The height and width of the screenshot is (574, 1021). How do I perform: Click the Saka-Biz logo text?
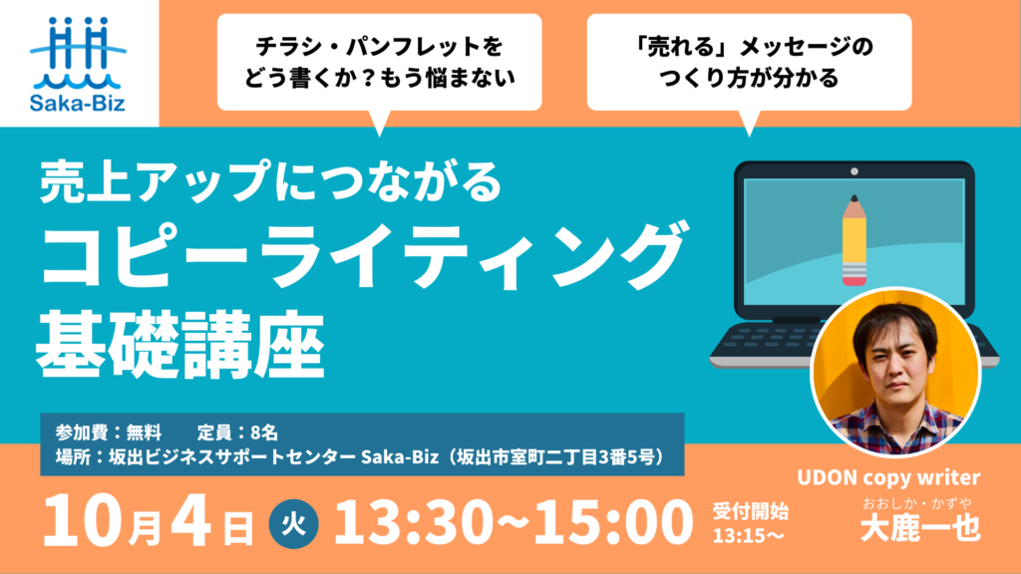pos(78,103)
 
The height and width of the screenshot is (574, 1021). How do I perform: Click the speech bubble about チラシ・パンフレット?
pos(380,63)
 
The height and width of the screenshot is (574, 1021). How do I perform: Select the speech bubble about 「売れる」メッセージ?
pos(749,63)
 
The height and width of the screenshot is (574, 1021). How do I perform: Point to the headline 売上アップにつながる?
pos(270,182)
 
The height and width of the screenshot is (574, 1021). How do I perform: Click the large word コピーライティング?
pos(362,256)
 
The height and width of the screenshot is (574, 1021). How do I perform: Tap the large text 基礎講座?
pos(180,345)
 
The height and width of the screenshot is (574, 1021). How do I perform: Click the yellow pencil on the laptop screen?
pos(854,241)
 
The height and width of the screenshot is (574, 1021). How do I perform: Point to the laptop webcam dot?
pos(854,171)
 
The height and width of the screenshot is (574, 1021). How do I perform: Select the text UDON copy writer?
pos(888,477)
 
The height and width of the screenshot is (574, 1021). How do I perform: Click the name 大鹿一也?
pos(920,528)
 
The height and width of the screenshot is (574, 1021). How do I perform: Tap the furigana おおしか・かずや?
pos(917,503)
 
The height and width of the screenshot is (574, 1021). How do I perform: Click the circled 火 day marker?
pos(294,524)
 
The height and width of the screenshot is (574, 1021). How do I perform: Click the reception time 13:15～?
pos(748,536)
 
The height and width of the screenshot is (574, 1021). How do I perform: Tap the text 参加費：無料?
pos(108,432)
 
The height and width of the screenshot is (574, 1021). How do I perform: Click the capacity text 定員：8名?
pos(237,432)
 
